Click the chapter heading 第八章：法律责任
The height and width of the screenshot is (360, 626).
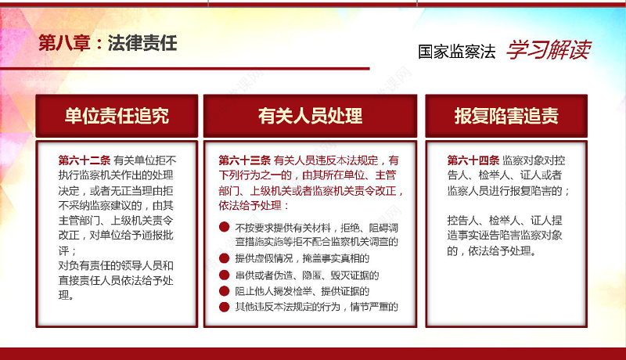pyautogui.click(x=108, y=43)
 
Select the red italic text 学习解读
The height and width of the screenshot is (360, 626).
pyautogui.click(x=548, y=51)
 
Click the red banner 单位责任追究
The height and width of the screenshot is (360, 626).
pyautogui.click(x=117, y=116)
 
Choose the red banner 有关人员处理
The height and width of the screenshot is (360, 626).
pyautogui.click(x=310, y=116)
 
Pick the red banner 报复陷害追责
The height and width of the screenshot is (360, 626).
pyautogui.click(x=506, y=116)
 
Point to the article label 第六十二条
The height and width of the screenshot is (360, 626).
pyautogui.click(x=85, y=160)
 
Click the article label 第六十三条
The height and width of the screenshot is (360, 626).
pyautogui.click(x=245, y=160)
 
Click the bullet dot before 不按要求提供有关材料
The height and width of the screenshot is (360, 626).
pyautogui.click(x=224, y=228)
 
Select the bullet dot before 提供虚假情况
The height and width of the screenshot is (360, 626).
pyautogui.click(x=224, y=258)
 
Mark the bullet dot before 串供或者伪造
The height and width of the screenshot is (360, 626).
pyautogui.click(x=224, y=275)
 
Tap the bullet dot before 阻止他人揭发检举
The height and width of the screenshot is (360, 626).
pyautogui.click(x=224, y=290)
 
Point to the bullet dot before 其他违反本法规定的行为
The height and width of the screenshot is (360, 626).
pyautogui.click(x=224, y=306)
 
